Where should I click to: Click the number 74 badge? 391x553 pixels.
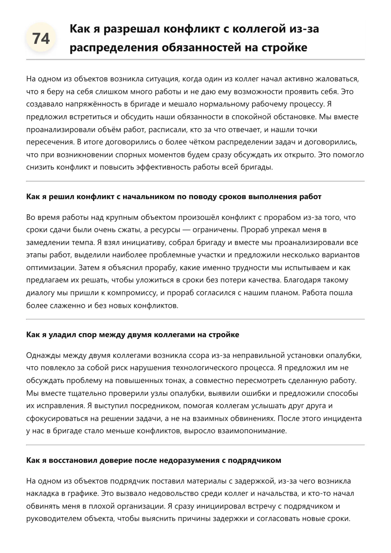(x=41, y=38)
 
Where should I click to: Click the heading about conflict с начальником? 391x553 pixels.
(x=174, y=197)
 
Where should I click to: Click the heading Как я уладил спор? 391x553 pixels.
(x=133, y=335)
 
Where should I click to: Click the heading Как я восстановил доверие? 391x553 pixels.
(x=153, y=460)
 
